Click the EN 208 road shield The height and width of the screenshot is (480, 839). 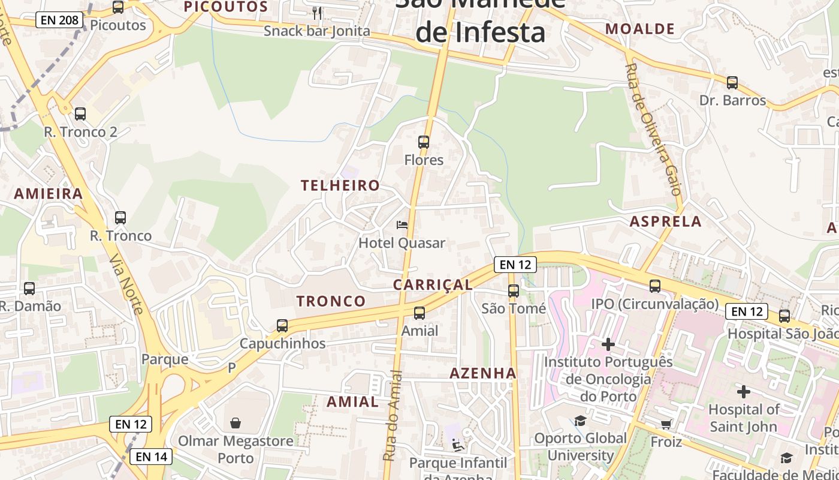[x=58, y=20]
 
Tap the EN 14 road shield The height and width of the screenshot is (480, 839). [x=152, y=457]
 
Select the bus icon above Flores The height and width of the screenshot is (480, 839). [x=424, y=142]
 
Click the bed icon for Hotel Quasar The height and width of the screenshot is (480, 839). [x=402, y=225]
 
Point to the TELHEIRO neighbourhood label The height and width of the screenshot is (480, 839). [x=340, y=185]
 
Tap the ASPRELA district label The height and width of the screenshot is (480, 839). [x=665, y=221]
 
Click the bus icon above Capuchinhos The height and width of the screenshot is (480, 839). [x=282, y=326]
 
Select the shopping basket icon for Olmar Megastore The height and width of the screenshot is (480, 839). [x=236, y=423]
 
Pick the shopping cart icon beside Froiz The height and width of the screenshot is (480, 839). [x=666, y=425]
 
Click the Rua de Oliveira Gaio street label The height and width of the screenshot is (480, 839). [x=653, y=129]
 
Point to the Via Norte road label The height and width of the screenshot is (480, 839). [x=126, y=284]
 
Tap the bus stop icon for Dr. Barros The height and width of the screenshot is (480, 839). [x=732, y=83]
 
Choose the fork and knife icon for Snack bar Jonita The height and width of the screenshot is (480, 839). [x=317, y=13]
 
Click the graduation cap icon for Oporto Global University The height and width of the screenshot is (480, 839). [x=580, y=421]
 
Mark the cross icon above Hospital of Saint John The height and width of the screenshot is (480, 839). [x=743, y=392]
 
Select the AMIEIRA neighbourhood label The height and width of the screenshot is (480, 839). [x=49, y=194]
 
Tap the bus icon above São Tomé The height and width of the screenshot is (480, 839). [x=514, y=291]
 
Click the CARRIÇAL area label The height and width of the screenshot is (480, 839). [x=433, y=285]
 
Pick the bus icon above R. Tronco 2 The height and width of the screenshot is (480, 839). [x=80, y=114]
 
